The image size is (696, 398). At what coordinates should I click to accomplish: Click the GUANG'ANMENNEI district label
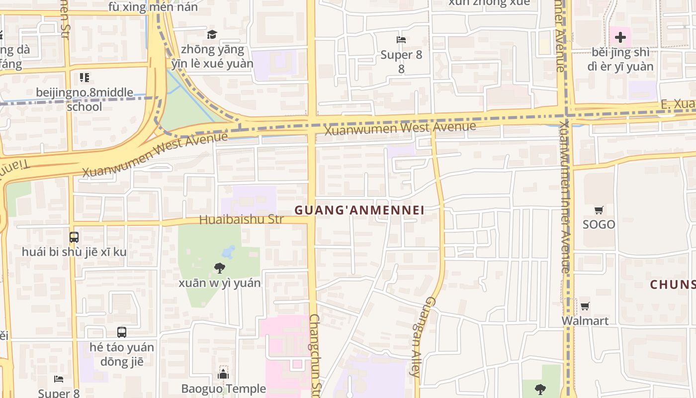359,210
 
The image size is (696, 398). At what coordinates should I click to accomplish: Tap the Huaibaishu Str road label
241,219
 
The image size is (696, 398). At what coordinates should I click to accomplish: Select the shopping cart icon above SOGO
599,210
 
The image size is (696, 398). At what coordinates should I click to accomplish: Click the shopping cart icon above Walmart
585,306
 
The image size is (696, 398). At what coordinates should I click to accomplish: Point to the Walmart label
585,321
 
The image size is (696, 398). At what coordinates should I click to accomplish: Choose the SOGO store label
599,224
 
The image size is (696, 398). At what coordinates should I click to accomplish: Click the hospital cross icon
620,37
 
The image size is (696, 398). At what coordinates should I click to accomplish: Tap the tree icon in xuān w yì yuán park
219,269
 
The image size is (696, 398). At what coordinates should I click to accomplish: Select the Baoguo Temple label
223,389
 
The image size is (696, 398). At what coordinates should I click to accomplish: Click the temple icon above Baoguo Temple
223,374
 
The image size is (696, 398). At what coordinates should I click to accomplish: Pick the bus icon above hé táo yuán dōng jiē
122,332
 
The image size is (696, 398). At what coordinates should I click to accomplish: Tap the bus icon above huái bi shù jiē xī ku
74,237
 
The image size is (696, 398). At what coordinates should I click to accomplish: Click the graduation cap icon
212,34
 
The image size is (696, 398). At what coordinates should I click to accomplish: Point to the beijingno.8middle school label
85,99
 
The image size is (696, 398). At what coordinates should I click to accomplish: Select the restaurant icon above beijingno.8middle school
85,78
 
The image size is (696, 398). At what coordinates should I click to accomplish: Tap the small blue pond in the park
229,252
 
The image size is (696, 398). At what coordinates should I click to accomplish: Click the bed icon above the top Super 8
401,40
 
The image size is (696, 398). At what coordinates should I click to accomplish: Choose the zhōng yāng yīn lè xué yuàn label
212,56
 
